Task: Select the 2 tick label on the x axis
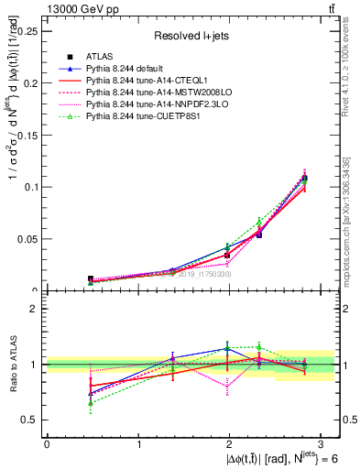230,444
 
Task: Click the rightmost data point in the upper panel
304,178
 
